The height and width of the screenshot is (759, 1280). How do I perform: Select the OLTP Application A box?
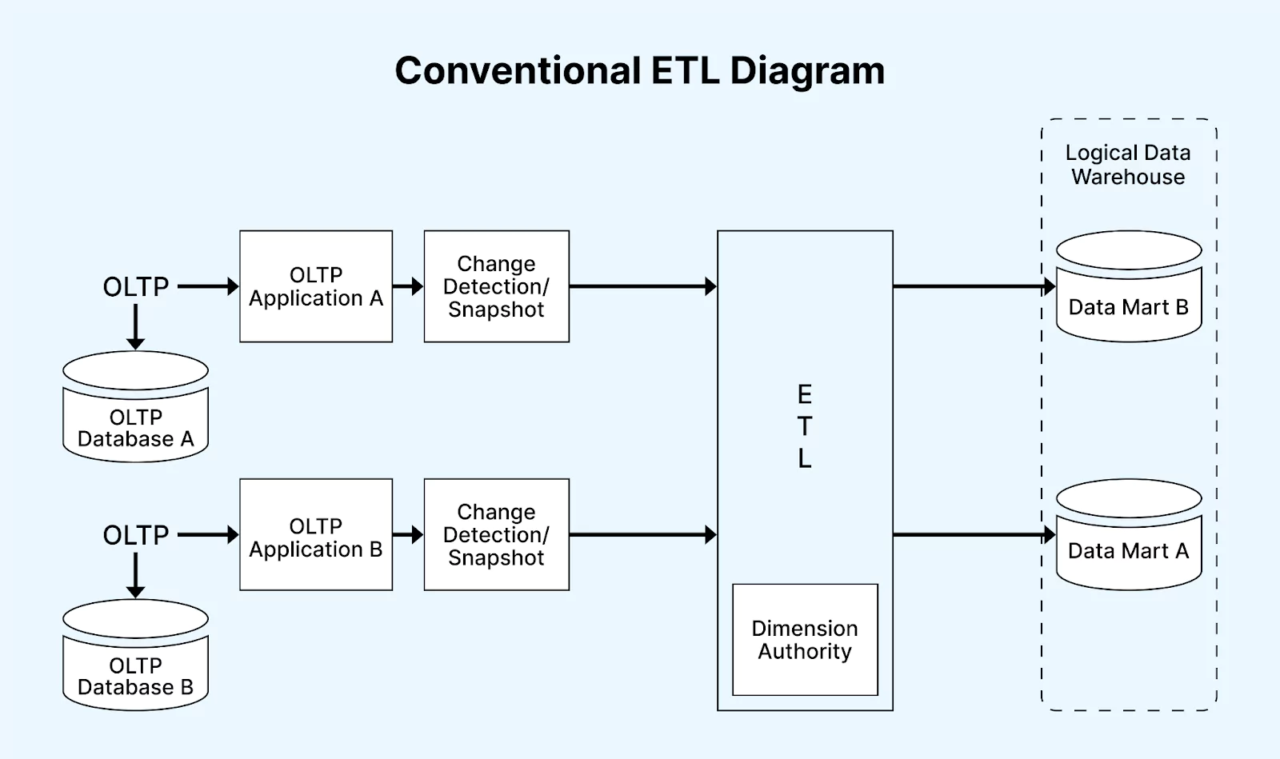316,286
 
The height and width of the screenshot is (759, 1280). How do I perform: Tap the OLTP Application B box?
316,535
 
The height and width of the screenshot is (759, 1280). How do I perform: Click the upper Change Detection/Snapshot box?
496,286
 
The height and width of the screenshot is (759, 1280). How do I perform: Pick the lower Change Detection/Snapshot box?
496,535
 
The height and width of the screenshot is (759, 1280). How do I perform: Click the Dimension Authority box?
805,640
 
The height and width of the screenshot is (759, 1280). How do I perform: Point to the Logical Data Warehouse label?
1128,165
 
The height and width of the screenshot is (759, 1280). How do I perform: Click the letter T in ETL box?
805,426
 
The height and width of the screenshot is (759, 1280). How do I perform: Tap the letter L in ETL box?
805,458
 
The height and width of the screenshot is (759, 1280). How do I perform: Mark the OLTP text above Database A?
136,286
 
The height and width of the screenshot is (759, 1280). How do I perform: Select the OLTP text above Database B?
136,535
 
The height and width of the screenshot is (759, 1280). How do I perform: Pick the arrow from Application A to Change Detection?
408,286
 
